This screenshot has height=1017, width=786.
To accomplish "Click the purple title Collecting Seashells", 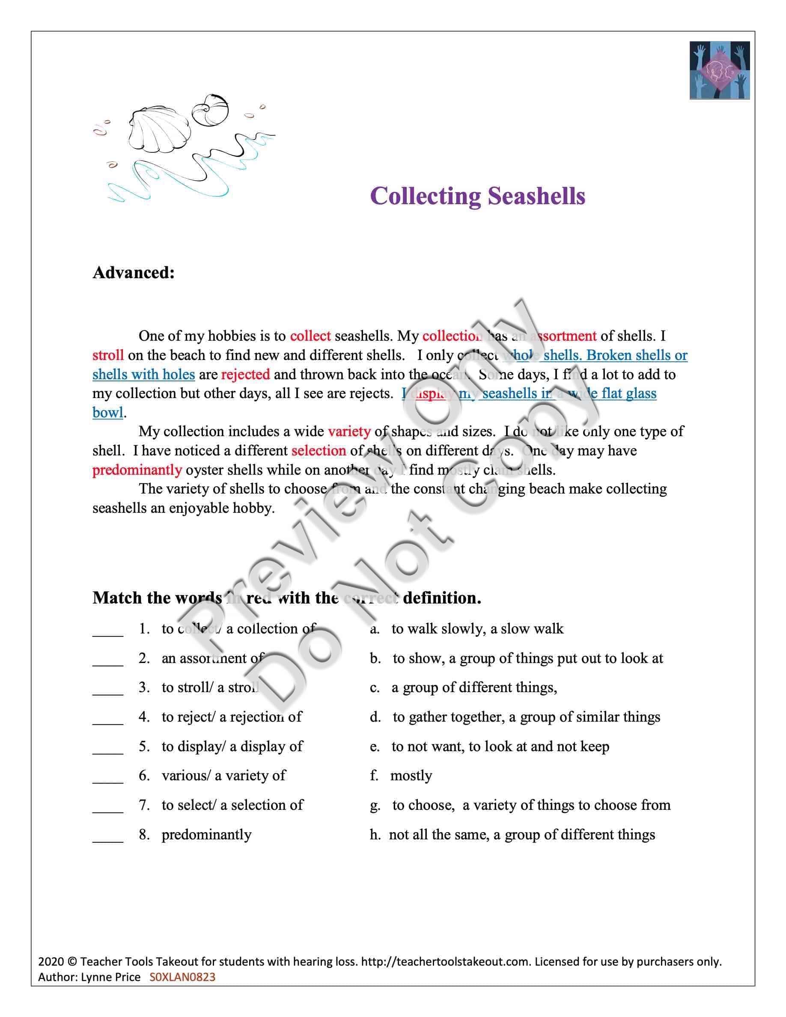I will [x=477, y=196].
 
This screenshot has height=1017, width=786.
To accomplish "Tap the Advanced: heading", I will [x=134, y=272].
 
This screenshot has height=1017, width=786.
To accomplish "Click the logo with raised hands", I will [x=719, y=70].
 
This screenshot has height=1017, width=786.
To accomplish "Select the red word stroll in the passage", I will [x=108, y=355].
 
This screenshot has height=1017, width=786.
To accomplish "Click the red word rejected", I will [x=245, y=375].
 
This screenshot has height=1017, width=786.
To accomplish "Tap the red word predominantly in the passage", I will [x=137, y=470].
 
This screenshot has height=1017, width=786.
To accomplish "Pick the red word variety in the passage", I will [x=349, y=431].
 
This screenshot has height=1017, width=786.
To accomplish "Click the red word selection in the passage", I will [x=319, y=451].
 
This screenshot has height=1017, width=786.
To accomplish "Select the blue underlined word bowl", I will [x=108, y=413].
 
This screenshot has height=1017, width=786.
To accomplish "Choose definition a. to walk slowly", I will [x=467, y=629].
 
